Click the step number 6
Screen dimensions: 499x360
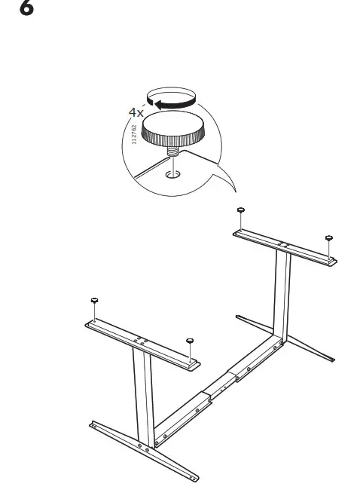click(26, 10)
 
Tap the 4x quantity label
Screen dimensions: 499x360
click(136, 112)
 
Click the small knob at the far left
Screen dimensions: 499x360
click(95, 302)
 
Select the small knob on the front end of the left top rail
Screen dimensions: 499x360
click(191, 341)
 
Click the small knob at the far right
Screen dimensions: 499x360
click(329, 239)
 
